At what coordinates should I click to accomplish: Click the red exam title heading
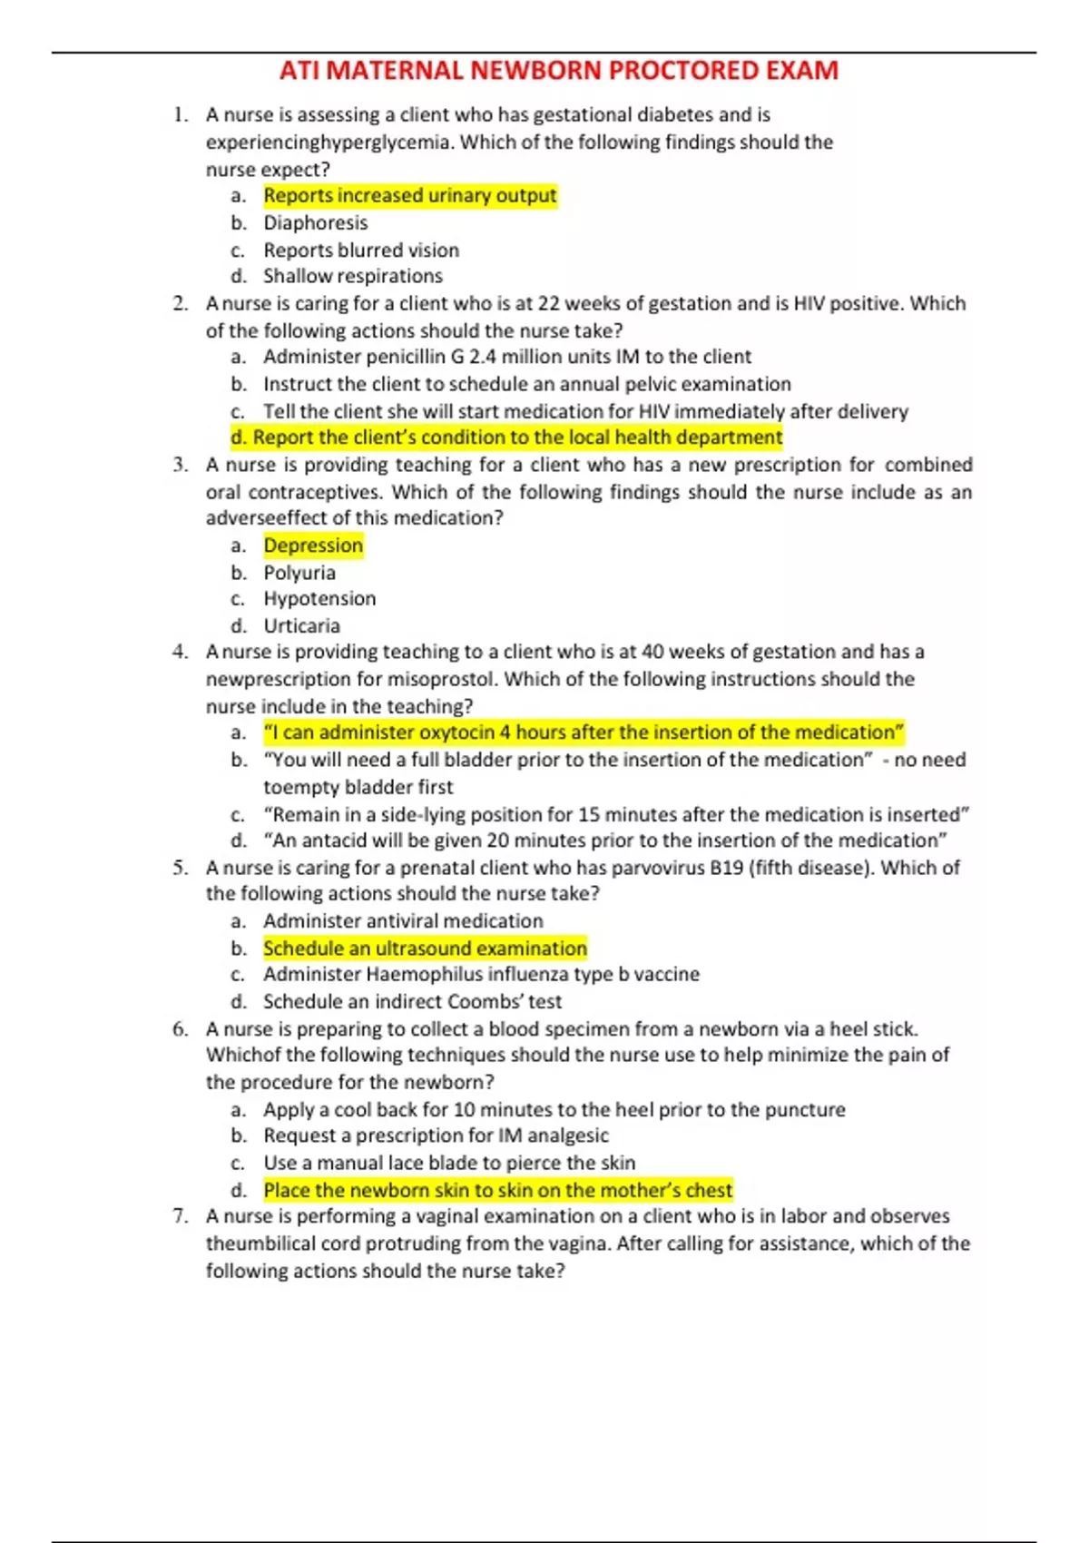558,71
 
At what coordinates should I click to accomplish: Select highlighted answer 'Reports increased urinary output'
410,196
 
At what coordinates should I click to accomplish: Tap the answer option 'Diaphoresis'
316,223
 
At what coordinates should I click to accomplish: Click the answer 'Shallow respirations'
353,276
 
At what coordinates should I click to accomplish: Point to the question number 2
180,303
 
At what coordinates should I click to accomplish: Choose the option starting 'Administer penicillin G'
507,357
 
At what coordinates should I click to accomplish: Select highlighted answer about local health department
506,437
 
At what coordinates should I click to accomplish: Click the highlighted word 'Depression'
313,545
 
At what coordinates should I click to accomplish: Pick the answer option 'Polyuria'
299,573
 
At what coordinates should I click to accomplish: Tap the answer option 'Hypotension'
319,599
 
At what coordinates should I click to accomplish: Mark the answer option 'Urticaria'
302,626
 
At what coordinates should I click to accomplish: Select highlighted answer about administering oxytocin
584,732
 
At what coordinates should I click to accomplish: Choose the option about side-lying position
616,814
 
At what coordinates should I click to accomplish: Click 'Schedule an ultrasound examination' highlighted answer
425,948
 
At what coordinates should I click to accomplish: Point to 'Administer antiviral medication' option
403,921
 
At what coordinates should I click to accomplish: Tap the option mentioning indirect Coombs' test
412,1002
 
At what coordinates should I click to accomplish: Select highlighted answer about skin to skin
497,1190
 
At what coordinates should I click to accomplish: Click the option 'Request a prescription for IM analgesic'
436,1135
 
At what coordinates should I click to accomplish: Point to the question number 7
180,1216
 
